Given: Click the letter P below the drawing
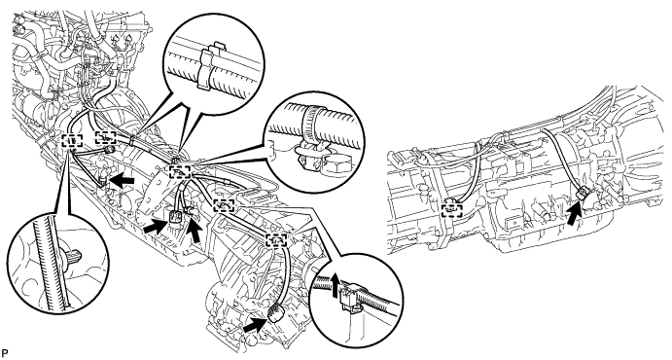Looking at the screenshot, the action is (x=4, y=353).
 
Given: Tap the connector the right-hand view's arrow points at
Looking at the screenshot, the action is (x=584, y=195).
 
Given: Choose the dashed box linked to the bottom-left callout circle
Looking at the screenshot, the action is (x=72, y=140).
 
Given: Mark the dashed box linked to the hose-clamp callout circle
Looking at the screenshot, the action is (x=181, y=172).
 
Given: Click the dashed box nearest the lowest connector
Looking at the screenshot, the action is (x=276, y=240).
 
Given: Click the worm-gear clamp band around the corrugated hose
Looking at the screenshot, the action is (x=311, y=120).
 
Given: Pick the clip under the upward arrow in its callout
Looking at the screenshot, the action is (x=349, y=299).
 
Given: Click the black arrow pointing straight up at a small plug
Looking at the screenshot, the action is (x=196, y=232).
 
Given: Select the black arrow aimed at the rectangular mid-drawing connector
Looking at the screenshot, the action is (x=155, y=227).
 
